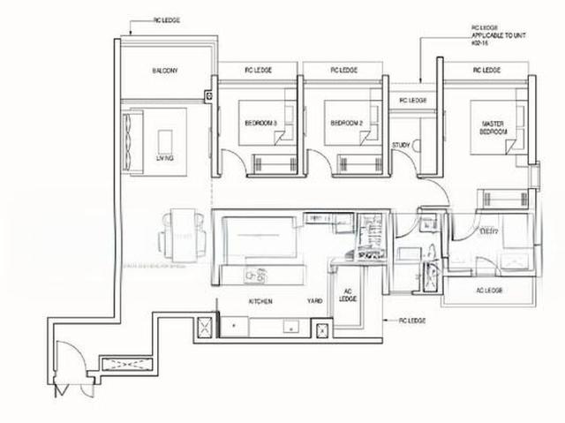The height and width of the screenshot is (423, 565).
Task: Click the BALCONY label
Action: coord(165,71)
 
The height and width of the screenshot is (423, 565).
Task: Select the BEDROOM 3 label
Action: coord(258,124)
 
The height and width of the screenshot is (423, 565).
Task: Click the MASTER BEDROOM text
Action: coord(493,127)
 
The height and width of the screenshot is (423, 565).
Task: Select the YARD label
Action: coord(314,301)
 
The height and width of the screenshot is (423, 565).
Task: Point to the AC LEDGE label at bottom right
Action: coord(488,291)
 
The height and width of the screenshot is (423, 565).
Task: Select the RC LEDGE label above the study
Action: coord(412,100)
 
